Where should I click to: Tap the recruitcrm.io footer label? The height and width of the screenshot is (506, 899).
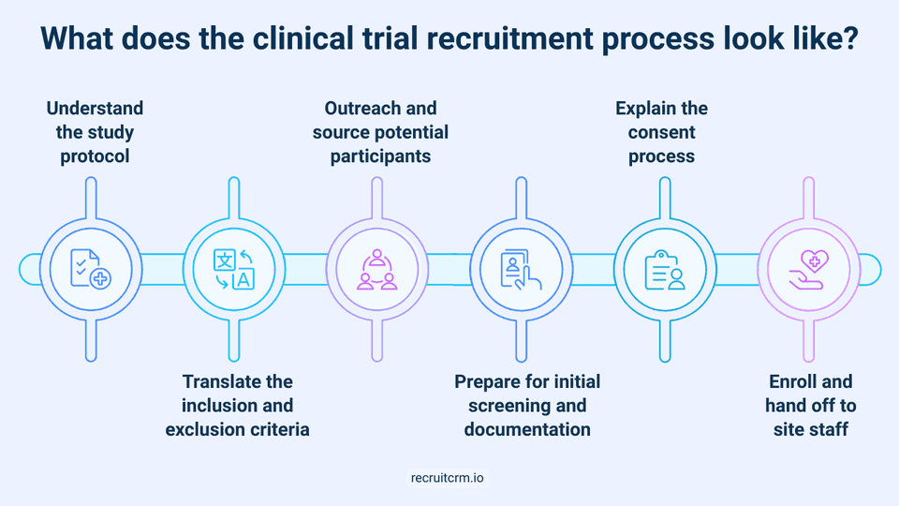click(449, 477)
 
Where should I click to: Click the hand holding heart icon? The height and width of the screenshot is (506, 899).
click(810, 268)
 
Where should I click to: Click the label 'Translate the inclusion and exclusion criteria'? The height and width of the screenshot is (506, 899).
click(237, 406)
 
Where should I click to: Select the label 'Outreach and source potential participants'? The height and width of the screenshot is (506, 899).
click(380, 132)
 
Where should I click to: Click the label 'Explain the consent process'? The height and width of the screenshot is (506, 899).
click(662, 132)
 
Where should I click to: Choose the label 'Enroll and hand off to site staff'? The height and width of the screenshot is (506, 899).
click(812, 406)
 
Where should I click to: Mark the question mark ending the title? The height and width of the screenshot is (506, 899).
click(847, 42)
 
